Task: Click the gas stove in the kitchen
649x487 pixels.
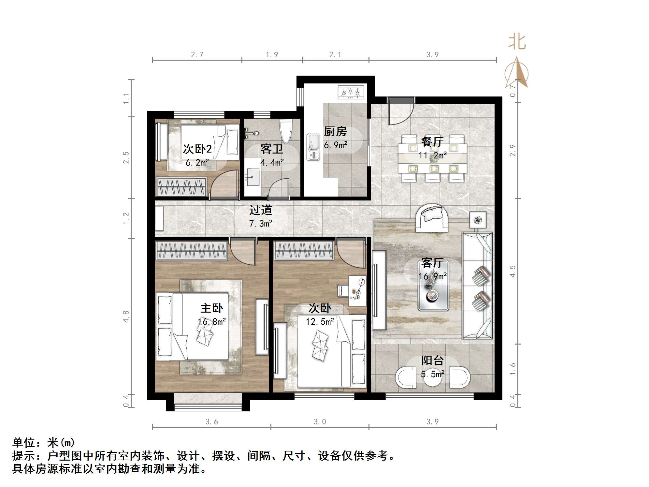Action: (x=351, y=93)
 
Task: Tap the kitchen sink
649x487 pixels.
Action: (x=313, y=147)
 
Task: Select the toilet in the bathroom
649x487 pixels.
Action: (x=286, y=131)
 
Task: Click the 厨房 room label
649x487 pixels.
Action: (x=335, y=132)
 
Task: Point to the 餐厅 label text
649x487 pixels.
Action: (x=432, y=141)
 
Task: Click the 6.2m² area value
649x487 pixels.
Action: (x=197, y=163)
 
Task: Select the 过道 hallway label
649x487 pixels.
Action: (x=261, y=210)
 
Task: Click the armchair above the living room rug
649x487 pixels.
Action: (x=431, y=217)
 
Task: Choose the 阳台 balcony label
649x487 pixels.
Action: (x=432, y=361)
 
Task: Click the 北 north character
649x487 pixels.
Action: (x=517, y=42)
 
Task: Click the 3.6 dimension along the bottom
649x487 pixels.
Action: (x=211, y=422)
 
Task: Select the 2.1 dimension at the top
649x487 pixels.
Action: (x=335, y=55)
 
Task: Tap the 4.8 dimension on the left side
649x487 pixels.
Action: (x=126, y=317)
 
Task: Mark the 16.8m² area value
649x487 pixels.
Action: (x=212, y=322)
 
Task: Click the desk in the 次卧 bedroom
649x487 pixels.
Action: (x=357, y=291)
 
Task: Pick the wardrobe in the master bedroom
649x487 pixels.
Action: (x=191, y=250)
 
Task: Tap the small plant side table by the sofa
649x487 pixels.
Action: (x=478, y=220)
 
